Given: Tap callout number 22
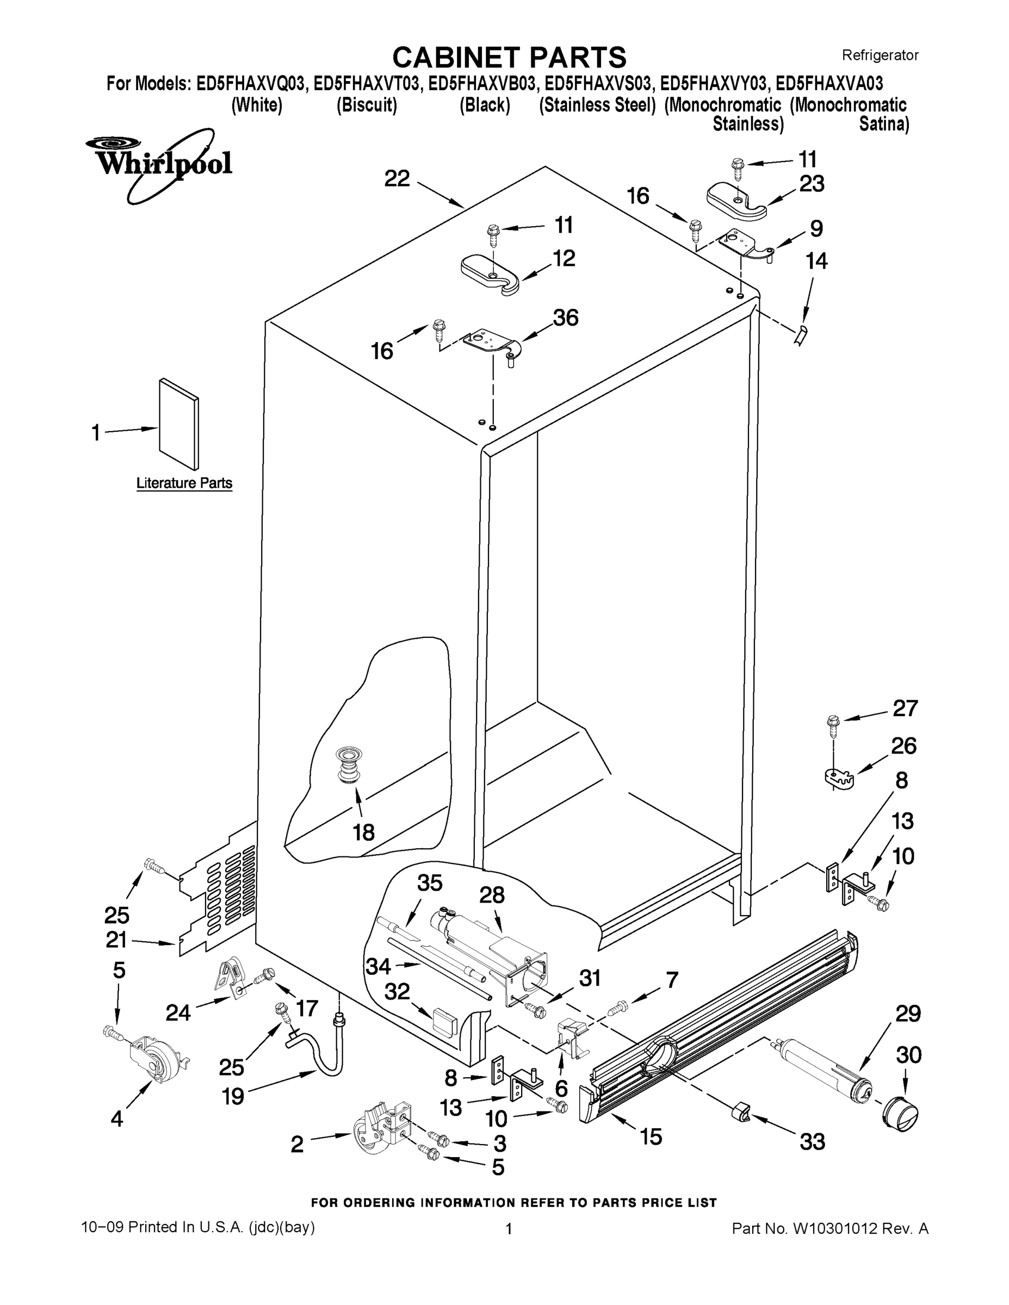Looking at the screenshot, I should pyautogui.click(x=397, y=179).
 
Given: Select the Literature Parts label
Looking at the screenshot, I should pyautogui.click(x=184, y=483).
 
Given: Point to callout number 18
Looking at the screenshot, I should pyautogui.click(x=363, y=832).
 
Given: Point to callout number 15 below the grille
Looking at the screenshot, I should pyautogui.click(x=651, y=1136).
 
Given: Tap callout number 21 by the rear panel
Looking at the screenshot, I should pyautogui.click(x=116, y=940).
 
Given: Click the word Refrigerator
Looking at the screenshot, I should pyautogui.click(x=880, y=55).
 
